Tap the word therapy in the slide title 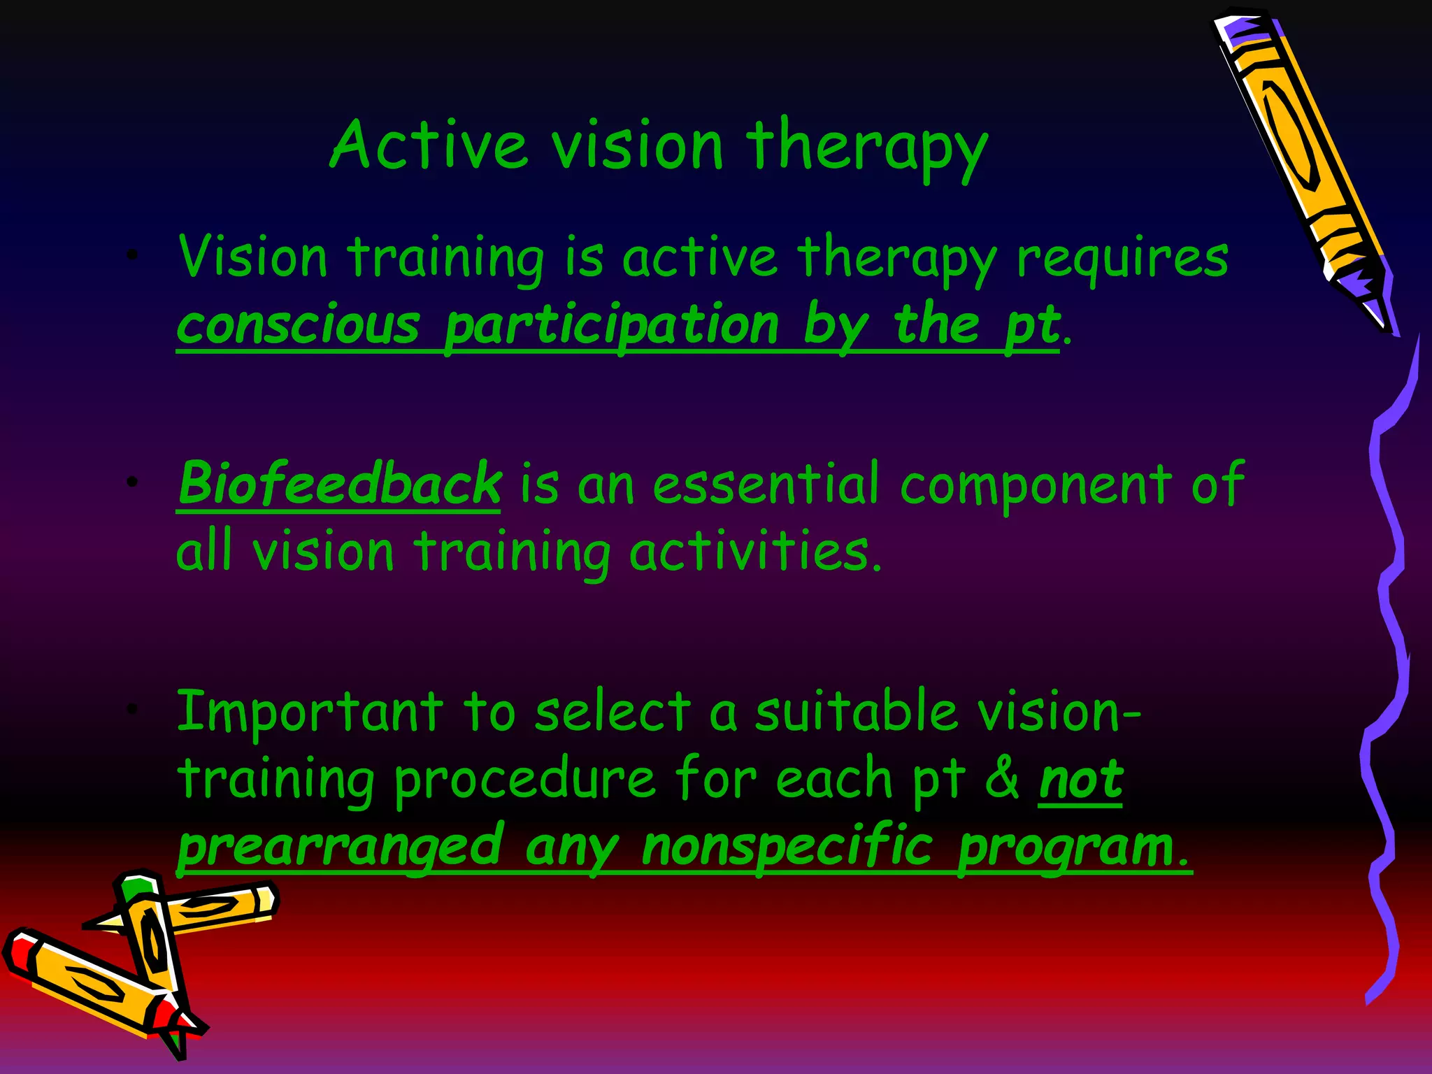[x=867, y=148]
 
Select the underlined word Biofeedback [x=339, y=484]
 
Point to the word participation [x=612, y=327]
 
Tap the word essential [x=765, y=484]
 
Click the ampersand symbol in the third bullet [x=1002, y=779]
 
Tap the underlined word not [x=1080, y=779]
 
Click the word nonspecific [x=787, y=846]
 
